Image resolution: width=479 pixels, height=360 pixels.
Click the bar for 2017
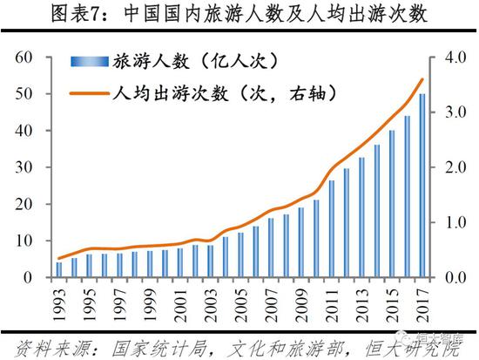422,186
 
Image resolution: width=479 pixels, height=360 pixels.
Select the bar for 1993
59,269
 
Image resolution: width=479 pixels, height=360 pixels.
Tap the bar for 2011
332,228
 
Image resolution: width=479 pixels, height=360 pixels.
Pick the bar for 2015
392,204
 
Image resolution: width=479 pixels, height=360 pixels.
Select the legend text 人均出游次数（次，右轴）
223,90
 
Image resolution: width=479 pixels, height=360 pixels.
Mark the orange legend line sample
88,90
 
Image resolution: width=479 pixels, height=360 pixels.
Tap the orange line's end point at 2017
422,79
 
